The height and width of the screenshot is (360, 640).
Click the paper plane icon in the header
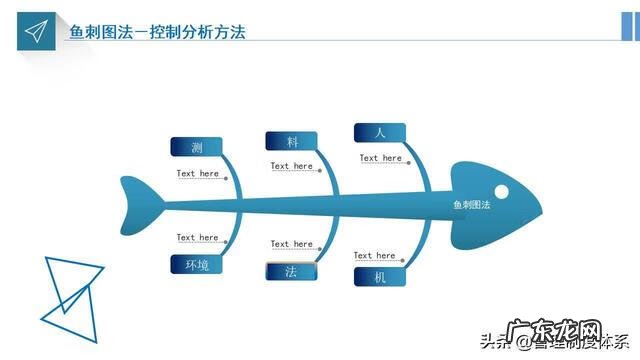coord(36,31)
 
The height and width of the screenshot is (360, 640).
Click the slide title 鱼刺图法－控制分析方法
coord(157,32)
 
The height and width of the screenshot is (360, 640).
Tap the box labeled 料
coord(291,142)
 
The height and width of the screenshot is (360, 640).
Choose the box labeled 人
coord(379,132)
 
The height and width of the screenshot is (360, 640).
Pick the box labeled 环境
coord(196,265)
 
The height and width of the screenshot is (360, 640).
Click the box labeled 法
coord(291,271)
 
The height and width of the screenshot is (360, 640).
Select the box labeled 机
coord(379,277)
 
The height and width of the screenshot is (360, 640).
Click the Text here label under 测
coord(198,174)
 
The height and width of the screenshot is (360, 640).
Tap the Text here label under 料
coord(292,166)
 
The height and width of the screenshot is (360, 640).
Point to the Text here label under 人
coord(380,158)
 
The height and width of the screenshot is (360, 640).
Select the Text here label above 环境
coord(198,238)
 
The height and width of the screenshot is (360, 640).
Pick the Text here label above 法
coord(292,244)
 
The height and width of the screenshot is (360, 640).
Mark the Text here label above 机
coord(375,256)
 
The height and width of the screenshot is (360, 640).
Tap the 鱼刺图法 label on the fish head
coord(471,205)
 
